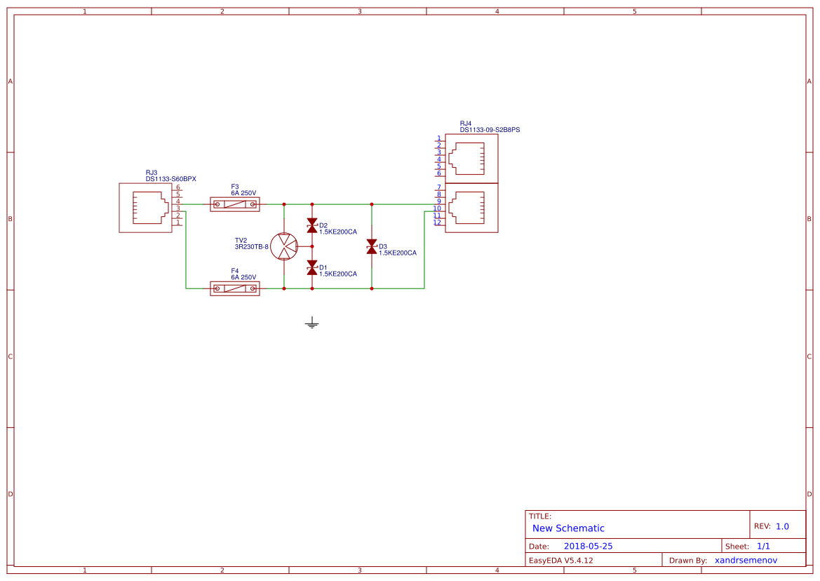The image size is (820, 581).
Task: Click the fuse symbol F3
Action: [x=235, y=204]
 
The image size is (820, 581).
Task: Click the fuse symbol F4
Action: [x=235, y=288]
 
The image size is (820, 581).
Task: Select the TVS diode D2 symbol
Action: [x=312, y=225]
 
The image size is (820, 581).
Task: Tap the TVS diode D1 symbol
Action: [x=312, y=267]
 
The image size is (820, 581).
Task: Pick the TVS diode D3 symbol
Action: [x=372, y=246]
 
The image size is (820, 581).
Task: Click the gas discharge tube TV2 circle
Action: [x=284, y=246]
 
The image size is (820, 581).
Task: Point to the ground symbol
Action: [x=312, y=323]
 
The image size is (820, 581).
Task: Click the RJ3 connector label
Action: [x=152, y=172]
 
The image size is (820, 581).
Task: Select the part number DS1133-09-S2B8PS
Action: [x=490, y=130]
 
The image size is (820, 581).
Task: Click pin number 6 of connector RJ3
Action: [x=178, y=187]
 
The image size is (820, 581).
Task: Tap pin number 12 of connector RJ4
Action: [x=438, y=222]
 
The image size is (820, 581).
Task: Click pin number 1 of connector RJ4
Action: [x=439, y=138]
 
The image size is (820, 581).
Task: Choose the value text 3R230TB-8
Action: [x=252, y=247]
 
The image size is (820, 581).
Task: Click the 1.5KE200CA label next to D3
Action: [x=398, y=253]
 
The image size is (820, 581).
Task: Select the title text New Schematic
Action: [x=568, y=528]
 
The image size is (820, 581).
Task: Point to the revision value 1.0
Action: [x=782, y=526]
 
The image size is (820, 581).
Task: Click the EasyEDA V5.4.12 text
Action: [x=560, y=560]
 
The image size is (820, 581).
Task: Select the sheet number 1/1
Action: [x=763, y=546]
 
